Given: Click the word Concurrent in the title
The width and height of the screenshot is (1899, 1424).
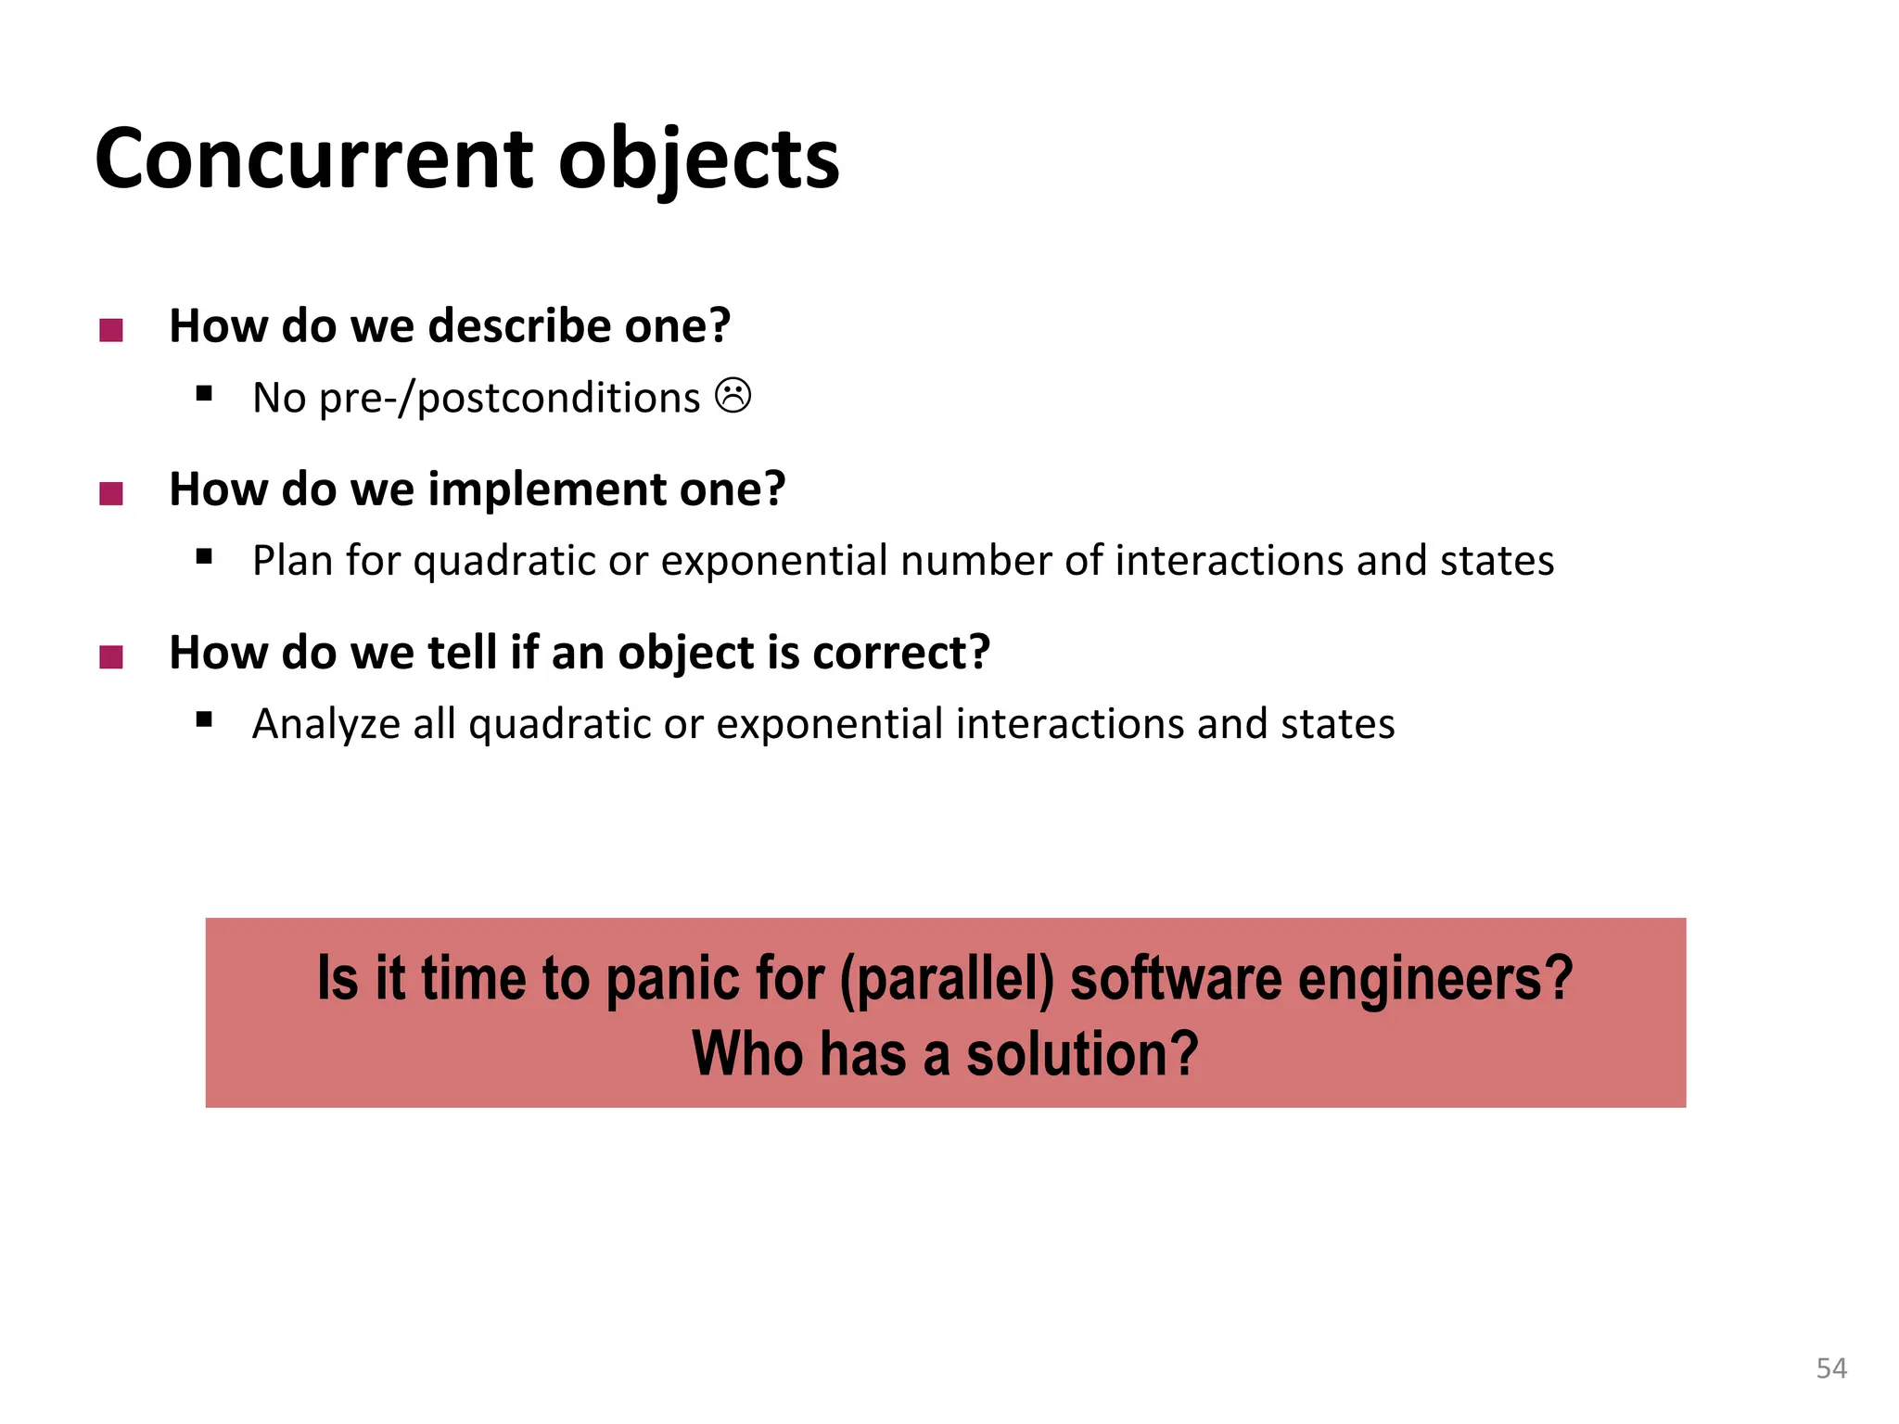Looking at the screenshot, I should pyautogui.click(x=313, y=159).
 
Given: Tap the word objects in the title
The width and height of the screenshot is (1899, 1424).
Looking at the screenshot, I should pyautogui.click(x=698, y=159).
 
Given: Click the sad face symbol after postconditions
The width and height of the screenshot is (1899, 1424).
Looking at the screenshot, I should pyautogui.click(x=733, y=396).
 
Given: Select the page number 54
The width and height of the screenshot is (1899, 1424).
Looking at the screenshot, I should pyautogui.click(x=1830, y=1368).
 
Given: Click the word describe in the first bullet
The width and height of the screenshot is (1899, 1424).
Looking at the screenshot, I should pyautogui.click(x=519, y=326).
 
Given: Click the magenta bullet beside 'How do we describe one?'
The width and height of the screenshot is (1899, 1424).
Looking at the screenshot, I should pyautogui.click(x=111, y=330).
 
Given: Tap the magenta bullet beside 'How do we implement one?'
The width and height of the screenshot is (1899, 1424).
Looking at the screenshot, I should pyautogui.click(x=111, y=493).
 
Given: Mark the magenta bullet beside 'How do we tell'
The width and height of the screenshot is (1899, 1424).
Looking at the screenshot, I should pyautogui.click(x=111, y=656).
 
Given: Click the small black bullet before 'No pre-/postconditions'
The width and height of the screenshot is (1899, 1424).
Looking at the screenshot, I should pyautogui.click(x=205, y=394).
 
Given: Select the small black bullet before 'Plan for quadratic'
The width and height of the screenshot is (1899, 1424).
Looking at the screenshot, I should pyautogui.click(x=205, y=557).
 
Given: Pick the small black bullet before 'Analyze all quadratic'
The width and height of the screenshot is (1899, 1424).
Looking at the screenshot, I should pyautogui.click(x=205, y=720).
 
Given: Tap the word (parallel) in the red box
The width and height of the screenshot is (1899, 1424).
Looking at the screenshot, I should pyautogui.click(x=947, y=979).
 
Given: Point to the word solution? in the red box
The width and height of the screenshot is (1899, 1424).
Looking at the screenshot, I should pyautogui.click(x=1082, y=1055).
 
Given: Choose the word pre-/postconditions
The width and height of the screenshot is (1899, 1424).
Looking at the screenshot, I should pyautogui.click(x=509, y=399).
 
